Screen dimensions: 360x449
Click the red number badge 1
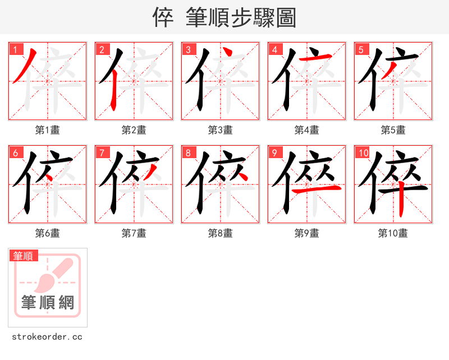pyautogui.click(x=16, y=49)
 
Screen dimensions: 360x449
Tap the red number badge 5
pyautogui.click(x=361, y=49)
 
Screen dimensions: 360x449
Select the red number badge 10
pyautogui.click(x=363, y=153)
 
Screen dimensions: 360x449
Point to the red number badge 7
pyautogui.click(x=102, y=153)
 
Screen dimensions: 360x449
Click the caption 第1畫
pyautogui.click(x=48, y=130)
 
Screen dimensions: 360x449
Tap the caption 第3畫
pyautogui.click(x=221, y=130)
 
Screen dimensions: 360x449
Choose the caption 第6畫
pyautogui.click(x=48, y=233)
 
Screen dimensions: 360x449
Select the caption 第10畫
pyautogui.click(x=393, y=233)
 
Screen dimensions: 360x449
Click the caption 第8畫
pyautogui.click(x=221, y=233)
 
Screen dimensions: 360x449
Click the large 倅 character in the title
pyautogui.click(x=163, y=17)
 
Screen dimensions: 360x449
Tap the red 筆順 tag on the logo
pyautogui.click(x=24, y=256)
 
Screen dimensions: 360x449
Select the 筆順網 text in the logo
pyautogui.click(x=48, y=303)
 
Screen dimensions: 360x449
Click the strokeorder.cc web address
pyautogui.click(x=47, y=337)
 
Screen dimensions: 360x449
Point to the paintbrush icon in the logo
pyautogui.click(x=53, y=275)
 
